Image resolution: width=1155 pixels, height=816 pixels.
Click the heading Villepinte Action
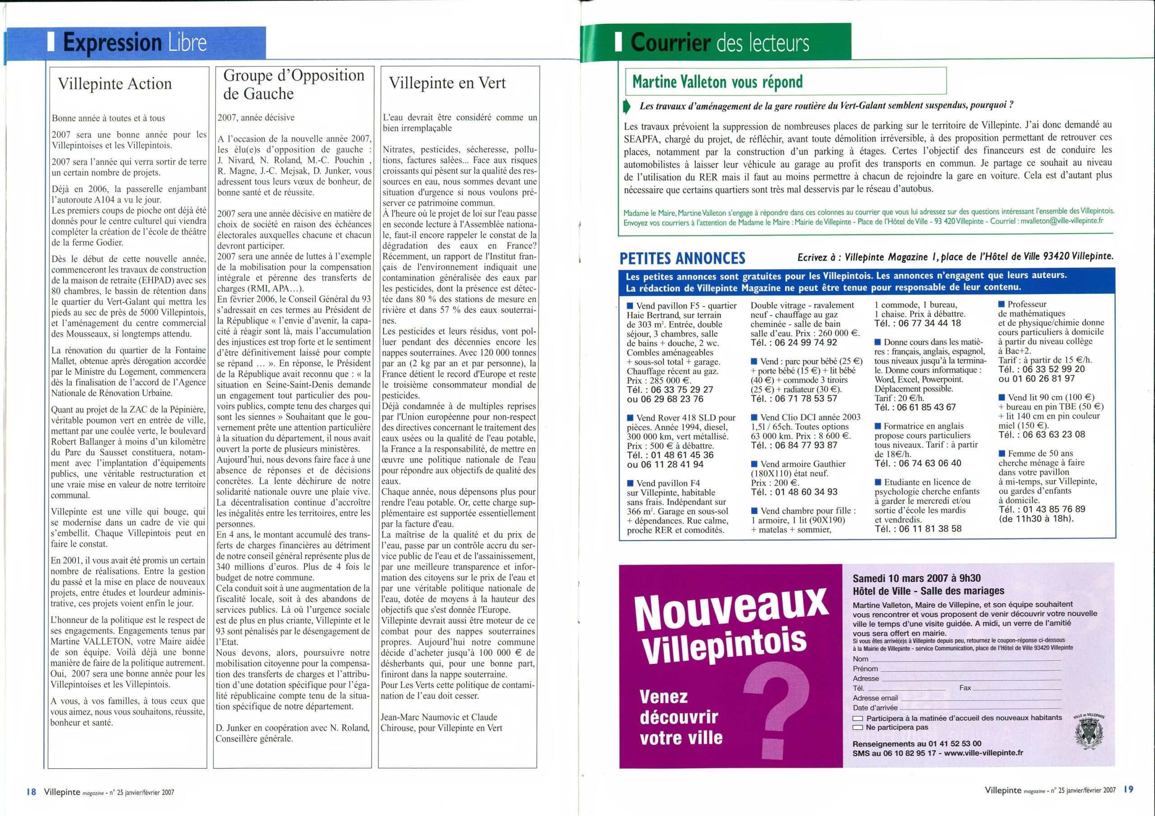point(115,83)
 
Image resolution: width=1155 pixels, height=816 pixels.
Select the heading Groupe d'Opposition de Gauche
point(293,84)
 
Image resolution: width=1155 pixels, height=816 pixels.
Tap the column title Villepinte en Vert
point(447,83)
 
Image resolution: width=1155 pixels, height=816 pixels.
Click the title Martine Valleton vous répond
point(717,82)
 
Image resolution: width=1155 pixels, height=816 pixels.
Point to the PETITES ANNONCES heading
point(682,258)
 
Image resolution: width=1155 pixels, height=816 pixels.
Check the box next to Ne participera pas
point(858,728)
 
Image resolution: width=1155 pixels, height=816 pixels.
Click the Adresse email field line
point(980,698)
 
